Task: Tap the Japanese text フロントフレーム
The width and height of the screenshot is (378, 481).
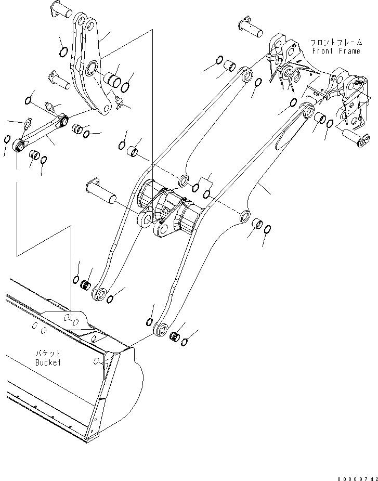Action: [x=335, y=43]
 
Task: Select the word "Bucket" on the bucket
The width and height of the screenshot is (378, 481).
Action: [x=48, y=362]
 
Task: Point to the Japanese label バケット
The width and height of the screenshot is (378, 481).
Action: [x=48, y=354]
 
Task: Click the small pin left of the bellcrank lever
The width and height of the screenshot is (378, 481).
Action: [x=58, y=79]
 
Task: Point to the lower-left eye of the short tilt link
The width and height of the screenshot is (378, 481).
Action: [x=20, y=145]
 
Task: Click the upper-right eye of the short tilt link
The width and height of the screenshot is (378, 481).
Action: [x=64, y=121]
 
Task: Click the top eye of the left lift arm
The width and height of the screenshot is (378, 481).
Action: [x=246, y=74]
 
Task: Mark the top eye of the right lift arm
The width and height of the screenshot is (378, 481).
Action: [x=307, y=110]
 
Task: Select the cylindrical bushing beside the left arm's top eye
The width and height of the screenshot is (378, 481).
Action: [x=229, y=67]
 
